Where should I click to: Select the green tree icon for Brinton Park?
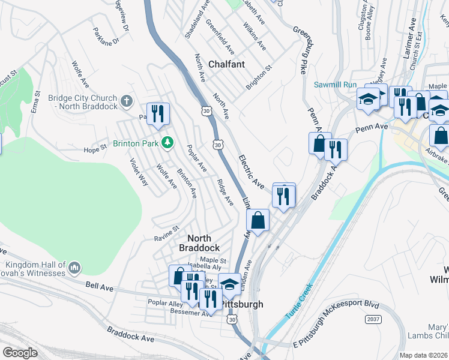(x=169, y=143)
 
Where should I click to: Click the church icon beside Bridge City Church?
(x=126, y=101)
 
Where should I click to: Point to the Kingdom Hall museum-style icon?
(x=74, y=267)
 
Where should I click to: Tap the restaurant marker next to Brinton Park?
(x=158, y=113)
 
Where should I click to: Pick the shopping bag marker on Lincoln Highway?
(x=258, y=220)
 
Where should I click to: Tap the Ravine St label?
(x=167, y=230)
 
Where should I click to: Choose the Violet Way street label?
(x=139, y=172)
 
